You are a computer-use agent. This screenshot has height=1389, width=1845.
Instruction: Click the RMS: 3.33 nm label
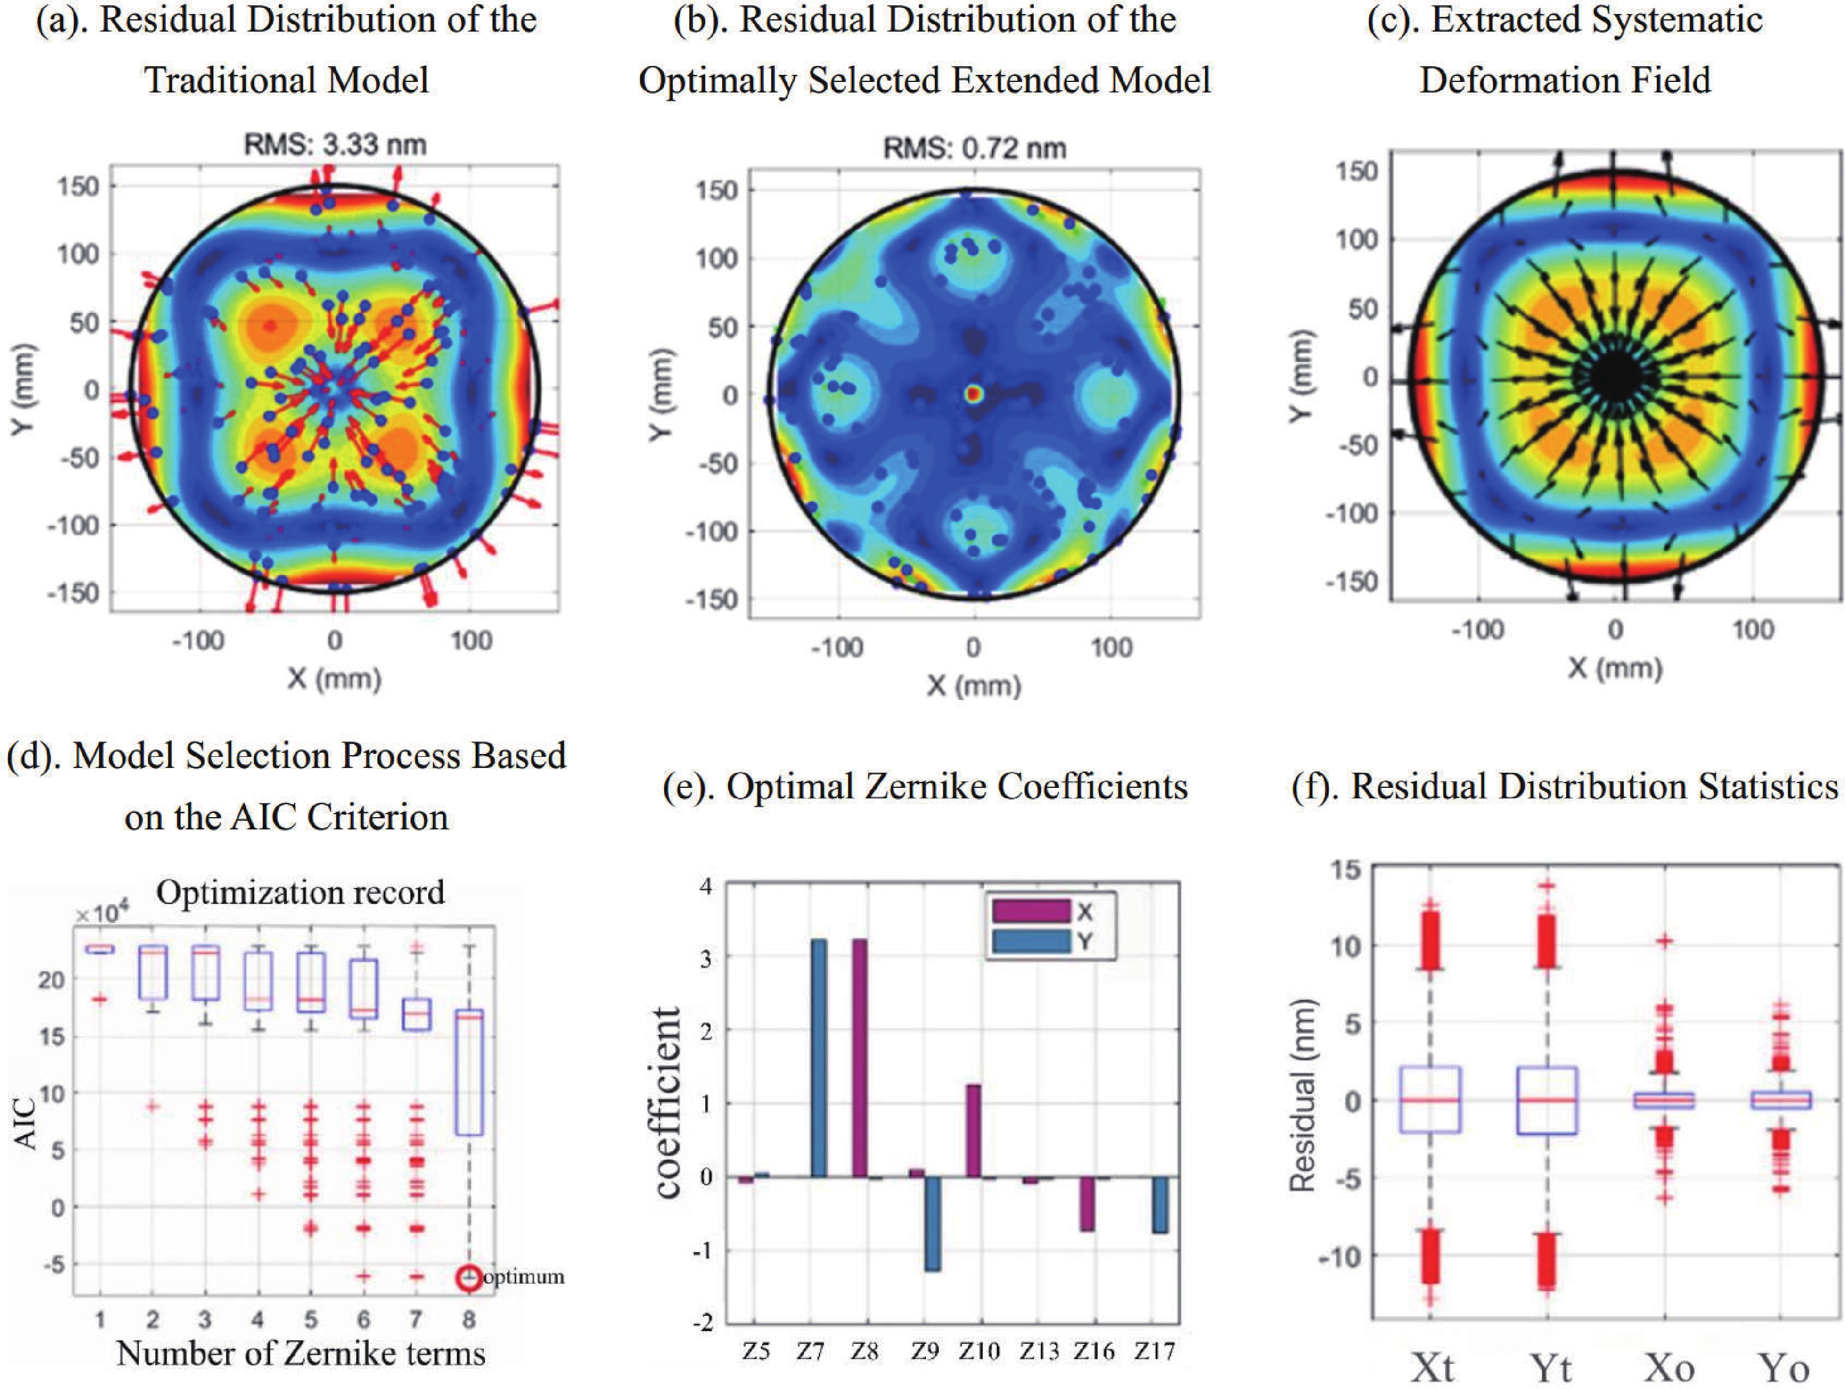pos(334,145)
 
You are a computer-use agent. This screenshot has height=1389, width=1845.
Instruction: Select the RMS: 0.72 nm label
pos(974,149)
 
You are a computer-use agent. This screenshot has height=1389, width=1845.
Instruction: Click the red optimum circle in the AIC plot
pos(470,1277)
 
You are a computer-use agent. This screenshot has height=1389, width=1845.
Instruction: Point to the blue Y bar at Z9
pos(932,1223)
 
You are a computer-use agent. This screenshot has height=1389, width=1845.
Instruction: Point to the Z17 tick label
pos(1154,1350)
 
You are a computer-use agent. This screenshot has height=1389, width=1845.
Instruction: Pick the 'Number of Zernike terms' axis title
pos(300,1353)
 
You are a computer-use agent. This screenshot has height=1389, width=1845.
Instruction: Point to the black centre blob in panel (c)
pos(1615,378)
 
